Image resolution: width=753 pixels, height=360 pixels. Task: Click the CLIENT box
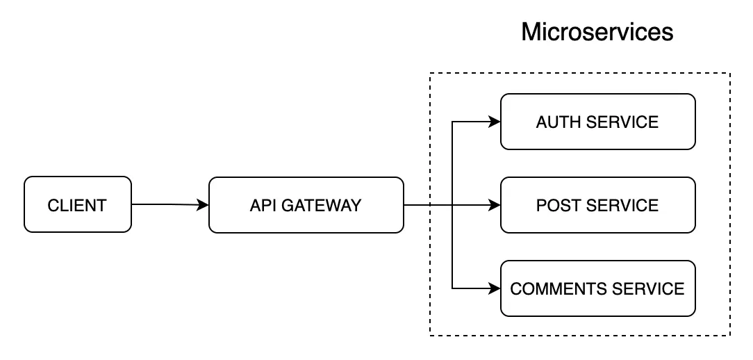(77, 205)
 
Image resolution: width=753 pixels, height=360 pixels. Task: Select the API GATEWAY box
(306, 205)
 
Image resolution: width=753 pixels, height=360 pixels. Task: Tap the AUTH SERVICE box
(597, 122)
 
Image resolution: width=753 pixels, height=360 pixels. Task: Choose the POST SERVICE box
(597, 205)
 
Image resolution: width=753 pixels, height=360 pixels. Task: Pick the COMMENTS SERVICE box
(597, 288)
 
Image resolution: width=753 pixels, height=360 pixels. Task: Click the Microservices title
(597, 32)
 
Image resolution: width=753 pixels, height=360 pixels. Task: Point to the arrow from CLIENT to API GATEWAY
(167, 204)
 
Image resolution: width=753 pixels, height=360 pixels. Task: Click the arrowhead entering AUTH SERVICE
(495, 122)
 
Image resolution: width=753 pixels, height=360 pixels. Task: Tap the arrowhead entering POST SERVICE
(495, 205)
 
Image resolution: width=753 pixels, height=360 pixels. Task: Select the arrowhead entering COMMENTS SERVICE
(495, 288)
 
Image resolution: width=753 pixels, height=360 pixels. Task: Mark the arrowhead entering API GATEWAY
(203, 205)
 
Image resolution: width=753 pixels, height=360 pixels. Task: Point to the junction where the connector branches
(452, 205)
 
